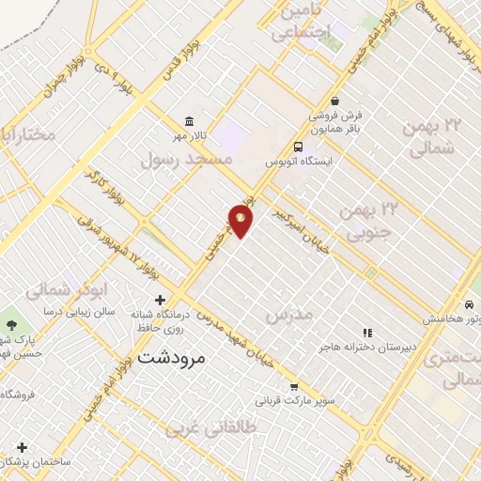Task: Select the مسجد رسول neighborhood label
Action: (x=184, y=161)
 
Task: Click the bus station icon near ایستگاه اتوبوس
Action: (x=298, y=147)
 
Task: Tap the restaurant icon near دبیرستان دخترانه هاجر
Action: (x=367, y=333)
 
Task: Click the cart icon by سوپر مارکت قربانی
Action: (x=294, y=386)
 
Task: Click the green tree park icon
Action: (x=10, y=324)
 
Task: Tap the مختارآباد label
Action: (x=28, y=134)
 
